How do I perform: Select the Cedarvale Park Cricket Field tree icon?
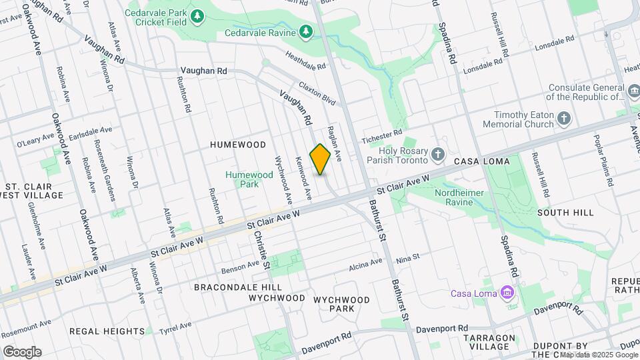(x=197, y=15)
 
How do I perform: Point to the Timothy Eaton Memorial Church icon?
(x=564, y=119)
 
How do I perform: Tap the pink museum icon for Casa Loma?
(x=507, y=293)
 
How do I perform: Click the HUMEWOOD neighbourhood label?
(x=238, y=145)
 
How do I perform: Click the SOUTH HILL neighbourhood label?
(x=565, y=213)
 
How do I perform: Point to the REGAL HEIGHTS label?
(x=107, y=331)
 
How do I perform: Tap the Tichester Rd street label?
(x=383, y=136)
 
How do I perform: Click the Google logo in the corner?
(x=22, y=351)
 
